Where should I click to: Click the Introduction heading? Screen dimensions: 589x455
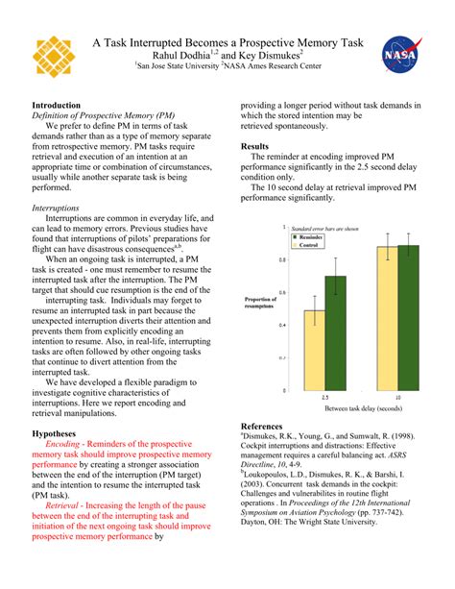[57, 105]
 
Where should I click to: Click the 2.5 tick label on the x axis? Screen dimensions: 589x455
[325, 397]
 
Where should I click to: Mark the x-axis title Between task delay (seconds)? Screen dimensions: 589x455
[362, 408]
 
